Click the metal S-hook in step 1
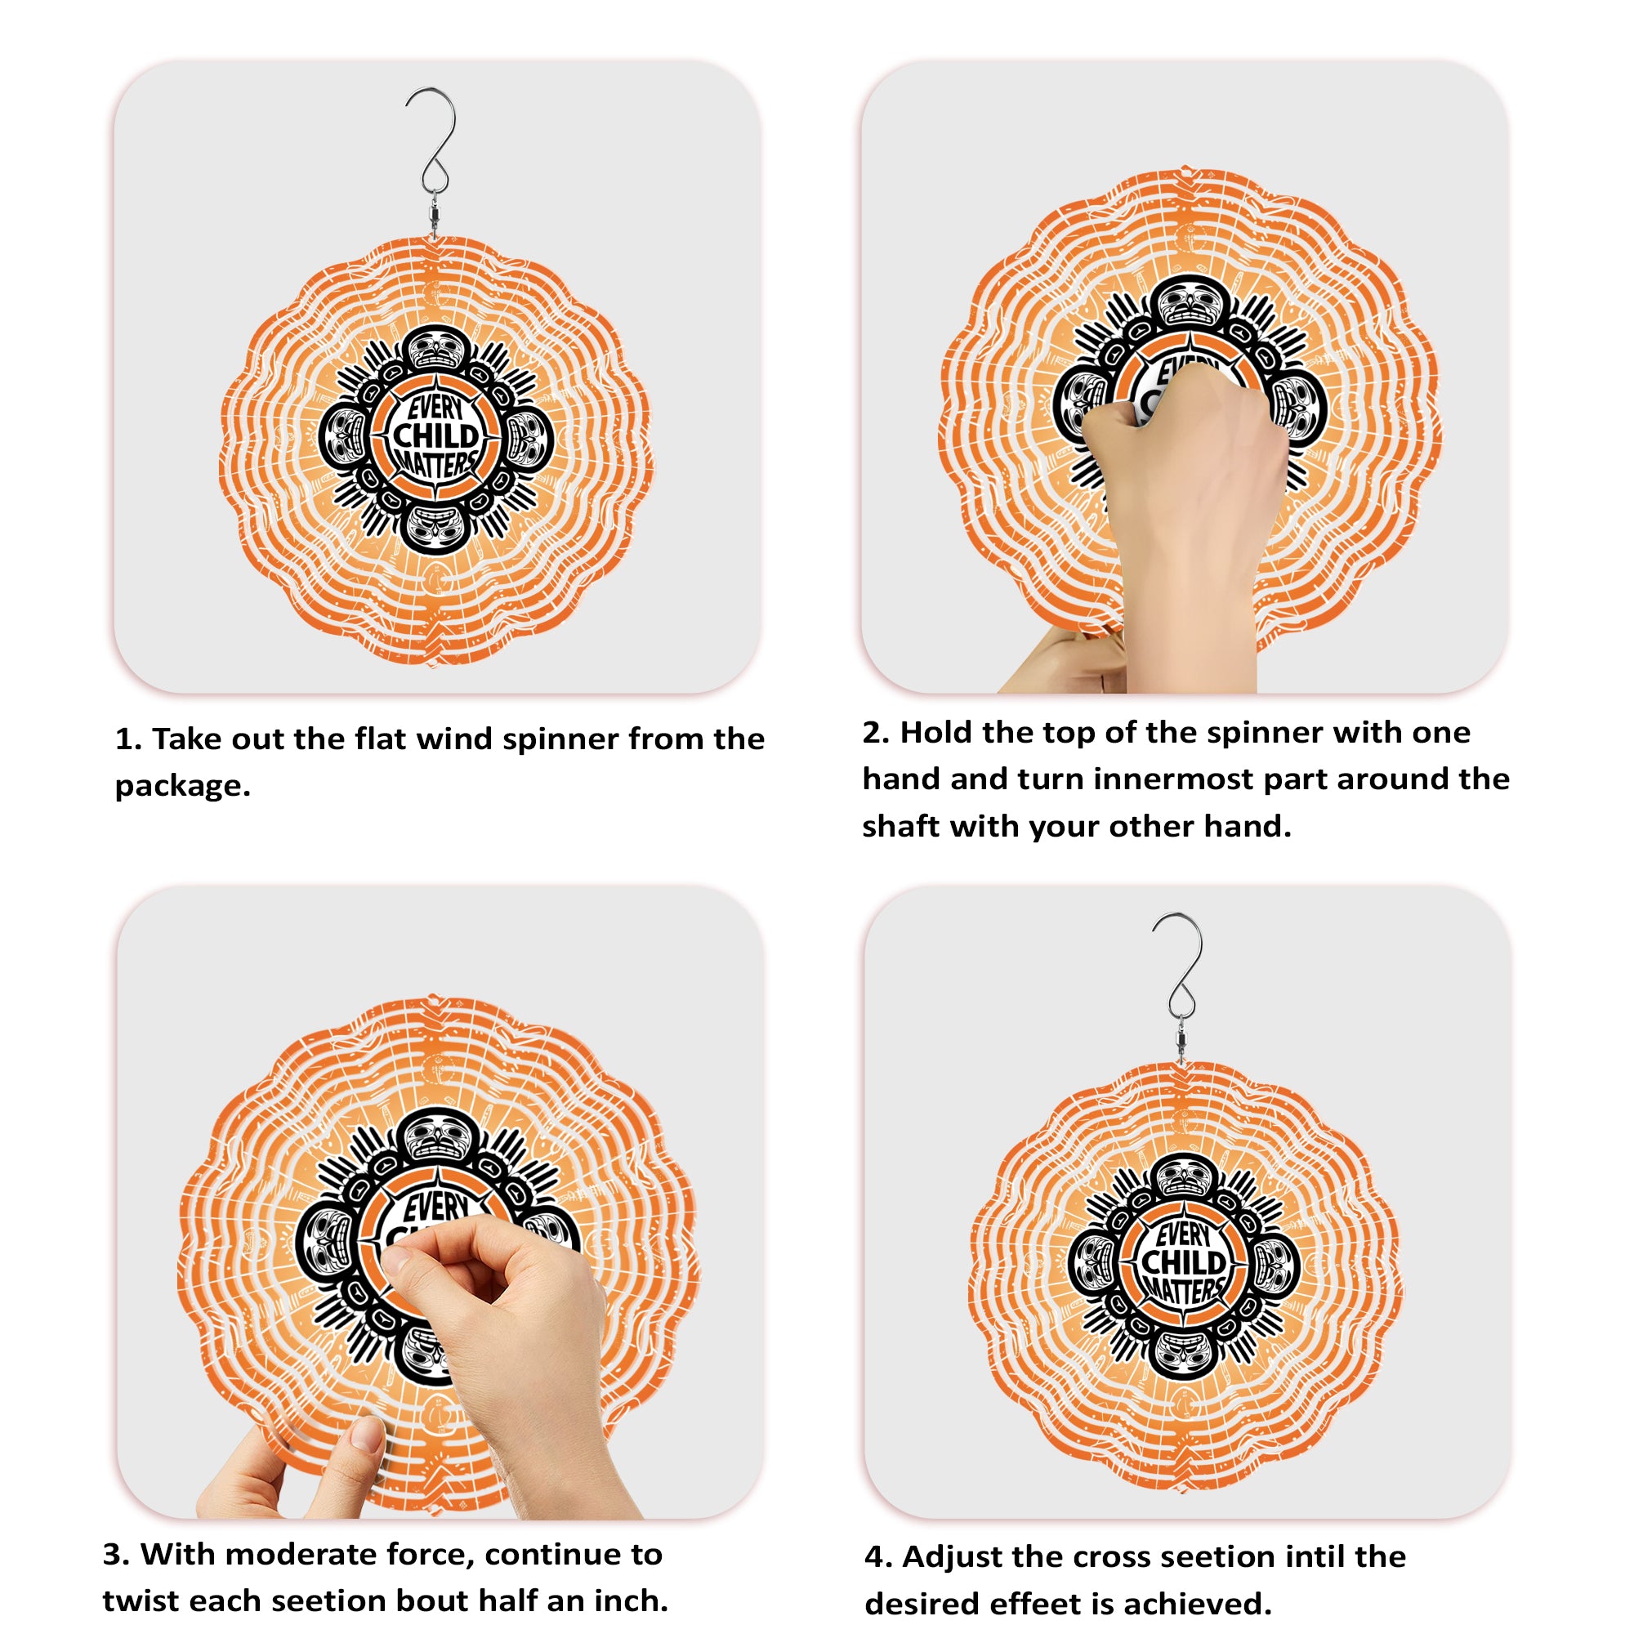434,144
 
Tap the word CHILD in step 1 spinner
435,436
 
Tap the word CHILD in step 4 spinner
1183,1263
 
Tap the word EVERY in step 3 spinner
435,1207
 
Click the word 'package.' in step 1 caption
183,787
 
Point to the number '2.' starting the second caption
875,732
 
